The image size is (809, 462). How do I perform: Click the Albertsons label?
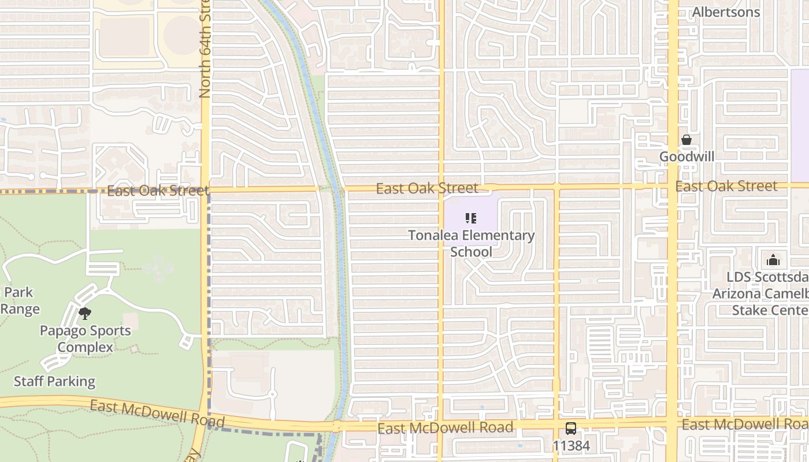pos(726,12)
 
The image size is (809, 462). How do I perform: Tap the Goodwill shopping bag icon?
pos(686,140)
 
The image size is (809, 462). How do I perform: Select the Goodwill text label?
pos(687,157)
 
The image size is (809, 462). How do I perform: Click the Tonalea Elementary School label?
pos(471,243)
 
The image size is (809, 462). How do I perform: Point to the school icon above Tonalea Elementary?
pos(471,218)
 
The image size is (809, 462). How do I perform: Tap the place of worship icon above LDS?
pos(773,260)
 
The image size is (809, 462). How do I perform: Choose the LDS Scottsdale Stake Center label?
pos(760,293)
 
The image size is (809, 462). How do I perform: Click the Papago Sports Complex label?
pos(85,339)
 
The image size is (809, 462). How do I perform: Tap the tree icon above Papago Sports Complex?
pos(85,314)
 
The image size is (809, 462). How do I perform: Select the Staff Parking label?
pos(54,381)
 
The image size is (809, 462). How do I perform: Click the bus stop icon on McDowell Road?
pos(571,429)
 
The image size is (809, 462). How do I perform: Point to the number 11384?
pos(571,446)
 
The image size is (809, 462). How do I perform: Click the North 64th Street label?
pos(205,49)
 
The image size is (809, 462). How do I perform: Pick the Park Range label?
pos(20,300)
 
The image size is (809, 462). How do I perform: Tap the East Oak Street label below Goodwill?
pos(726,186)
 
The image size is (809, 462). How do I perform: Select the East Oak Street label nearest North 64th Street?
pos(157,191)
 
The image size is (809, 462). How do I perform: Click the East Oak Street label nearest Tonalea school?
pos(427,188)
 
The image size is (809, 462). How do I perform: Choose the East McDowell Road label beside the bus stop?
pos(445,428)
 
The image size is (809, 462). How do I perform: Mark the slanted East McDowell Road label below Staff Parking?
pos(149,414)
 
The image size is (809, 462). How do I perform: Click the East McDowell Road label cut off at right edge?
pos(745,424)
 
